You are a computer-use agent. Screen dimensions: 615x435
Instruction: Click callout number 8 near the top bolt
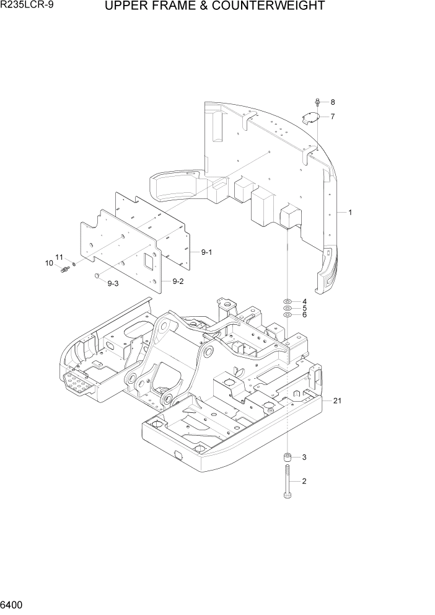332,102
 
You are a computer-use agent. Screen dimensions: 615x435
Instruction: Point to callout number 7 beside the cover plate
332,117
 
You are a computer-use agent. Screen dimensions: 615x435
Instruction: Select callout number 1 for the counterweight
349,213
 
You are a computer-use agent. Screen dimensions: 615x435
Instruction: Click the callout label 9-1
206,252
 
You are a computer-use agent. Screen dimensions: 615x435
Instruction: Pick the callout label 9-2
178,281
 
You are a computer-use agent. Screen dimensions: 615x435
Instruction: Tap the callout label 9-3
113,284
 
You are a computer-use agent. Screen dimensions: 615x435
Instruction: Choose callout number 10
49,263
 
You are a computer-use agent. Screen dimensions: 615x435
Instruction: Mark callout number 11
59,257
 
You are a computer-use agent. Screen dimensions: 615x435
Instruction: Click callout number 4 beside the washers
304,302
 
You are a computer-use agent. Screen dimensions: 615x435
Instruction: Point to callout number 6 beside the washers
304,315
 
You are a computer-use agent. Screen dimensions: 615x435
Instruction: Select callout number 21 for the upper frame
337,401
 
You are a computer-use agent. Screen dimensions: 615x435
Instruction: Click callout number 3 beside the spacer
304,458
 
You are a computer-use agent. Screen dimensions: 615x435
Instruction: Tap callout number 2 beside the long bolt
304,481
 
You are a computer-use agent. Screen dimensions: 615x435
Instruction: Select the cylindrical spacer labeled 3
288,458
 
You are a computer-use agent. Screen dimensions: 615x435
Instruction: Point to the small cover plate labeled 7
312,118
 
